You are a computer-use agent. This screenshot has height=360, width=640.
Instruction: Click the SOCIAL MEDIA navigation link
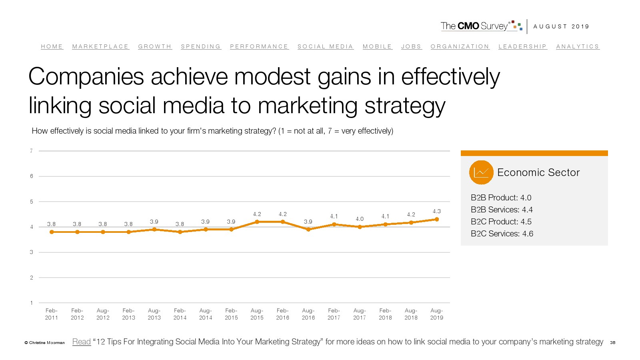tap(325, 46)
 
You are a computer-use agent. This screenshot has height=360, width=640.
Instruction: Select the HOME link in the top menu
tap(52, 46)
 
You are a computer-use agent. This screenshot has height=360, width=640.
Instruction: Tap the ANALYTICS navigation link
tap(578, 46)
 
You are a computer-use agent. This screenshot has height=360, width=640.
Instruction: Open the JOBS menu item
tap(411, 46)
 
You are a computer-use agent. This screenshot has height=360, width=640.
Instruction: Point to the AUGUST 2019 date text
tap(561, 26)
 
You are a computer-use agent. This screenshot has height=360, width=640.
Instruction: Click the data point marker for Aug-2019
tap(437, 219)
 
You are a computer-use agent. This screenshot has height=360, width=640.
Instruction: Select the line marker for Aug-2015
tap(257, 222)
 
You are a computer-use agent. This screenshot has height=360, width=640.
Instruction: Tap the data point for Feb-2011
tap(52, 232)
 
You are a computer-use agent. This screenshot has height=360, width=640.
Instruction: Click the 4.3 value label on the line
tap(436, 211)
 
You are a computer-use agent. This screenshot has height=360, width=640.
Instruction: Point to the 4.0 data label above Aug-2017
tap(360, 219)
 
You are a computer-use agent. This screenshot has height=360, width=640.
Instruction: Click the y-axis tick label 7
tap(31, 151)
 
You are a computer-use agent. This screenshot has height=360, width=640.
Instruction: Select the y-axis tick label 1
tap(31, 303)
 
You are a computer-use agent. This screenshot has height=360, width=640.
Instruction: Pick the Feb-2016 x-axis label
tap(282, 314)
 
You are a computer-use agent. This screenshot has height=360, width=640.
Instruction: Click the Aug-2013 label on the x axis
tap(154, 314)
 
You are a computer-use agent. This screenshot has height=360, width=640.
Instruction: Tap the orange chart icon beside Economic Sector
tap(481, 172)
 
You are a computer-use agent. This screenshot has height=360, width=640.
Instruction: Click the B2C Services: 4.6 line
tap(502, 234)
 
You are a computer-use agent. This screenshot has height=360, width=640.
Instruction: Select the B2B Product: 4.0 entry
tap(501, 198)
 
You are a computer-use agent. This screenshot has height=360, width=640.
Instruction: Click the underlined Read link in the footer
tap(82, 342)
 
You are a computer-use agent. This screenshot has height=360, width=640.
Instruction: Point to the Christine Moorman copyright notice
tap(44, 343)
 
